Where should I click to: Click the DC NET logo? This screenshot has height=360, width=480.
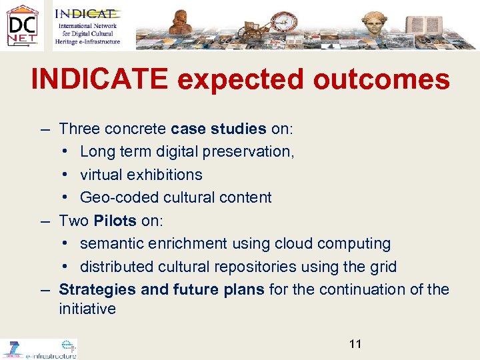click(x=22, y=26)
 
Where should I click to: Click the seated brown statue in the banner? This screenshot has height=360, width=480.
click(x=179, y=24)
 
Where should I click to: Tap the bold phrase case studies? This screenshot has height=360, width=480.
click(x=219, y=128)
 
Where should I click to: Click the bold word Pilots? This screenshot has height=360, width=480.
click(x=115, y=221)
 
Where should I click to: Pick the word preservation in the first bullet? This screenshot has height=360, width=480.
click(x=251, y=151)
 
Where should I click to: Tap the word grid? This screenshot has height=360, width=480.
click(x=383, y=267)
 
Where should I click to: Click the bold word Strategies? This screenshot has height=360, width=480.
click(x=96, y=289)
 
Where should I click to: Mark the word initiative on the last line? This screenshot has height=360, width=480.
click(x=87, y=309)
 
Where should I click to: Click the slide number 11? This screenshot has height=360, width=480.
click(x=355, y=344)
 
